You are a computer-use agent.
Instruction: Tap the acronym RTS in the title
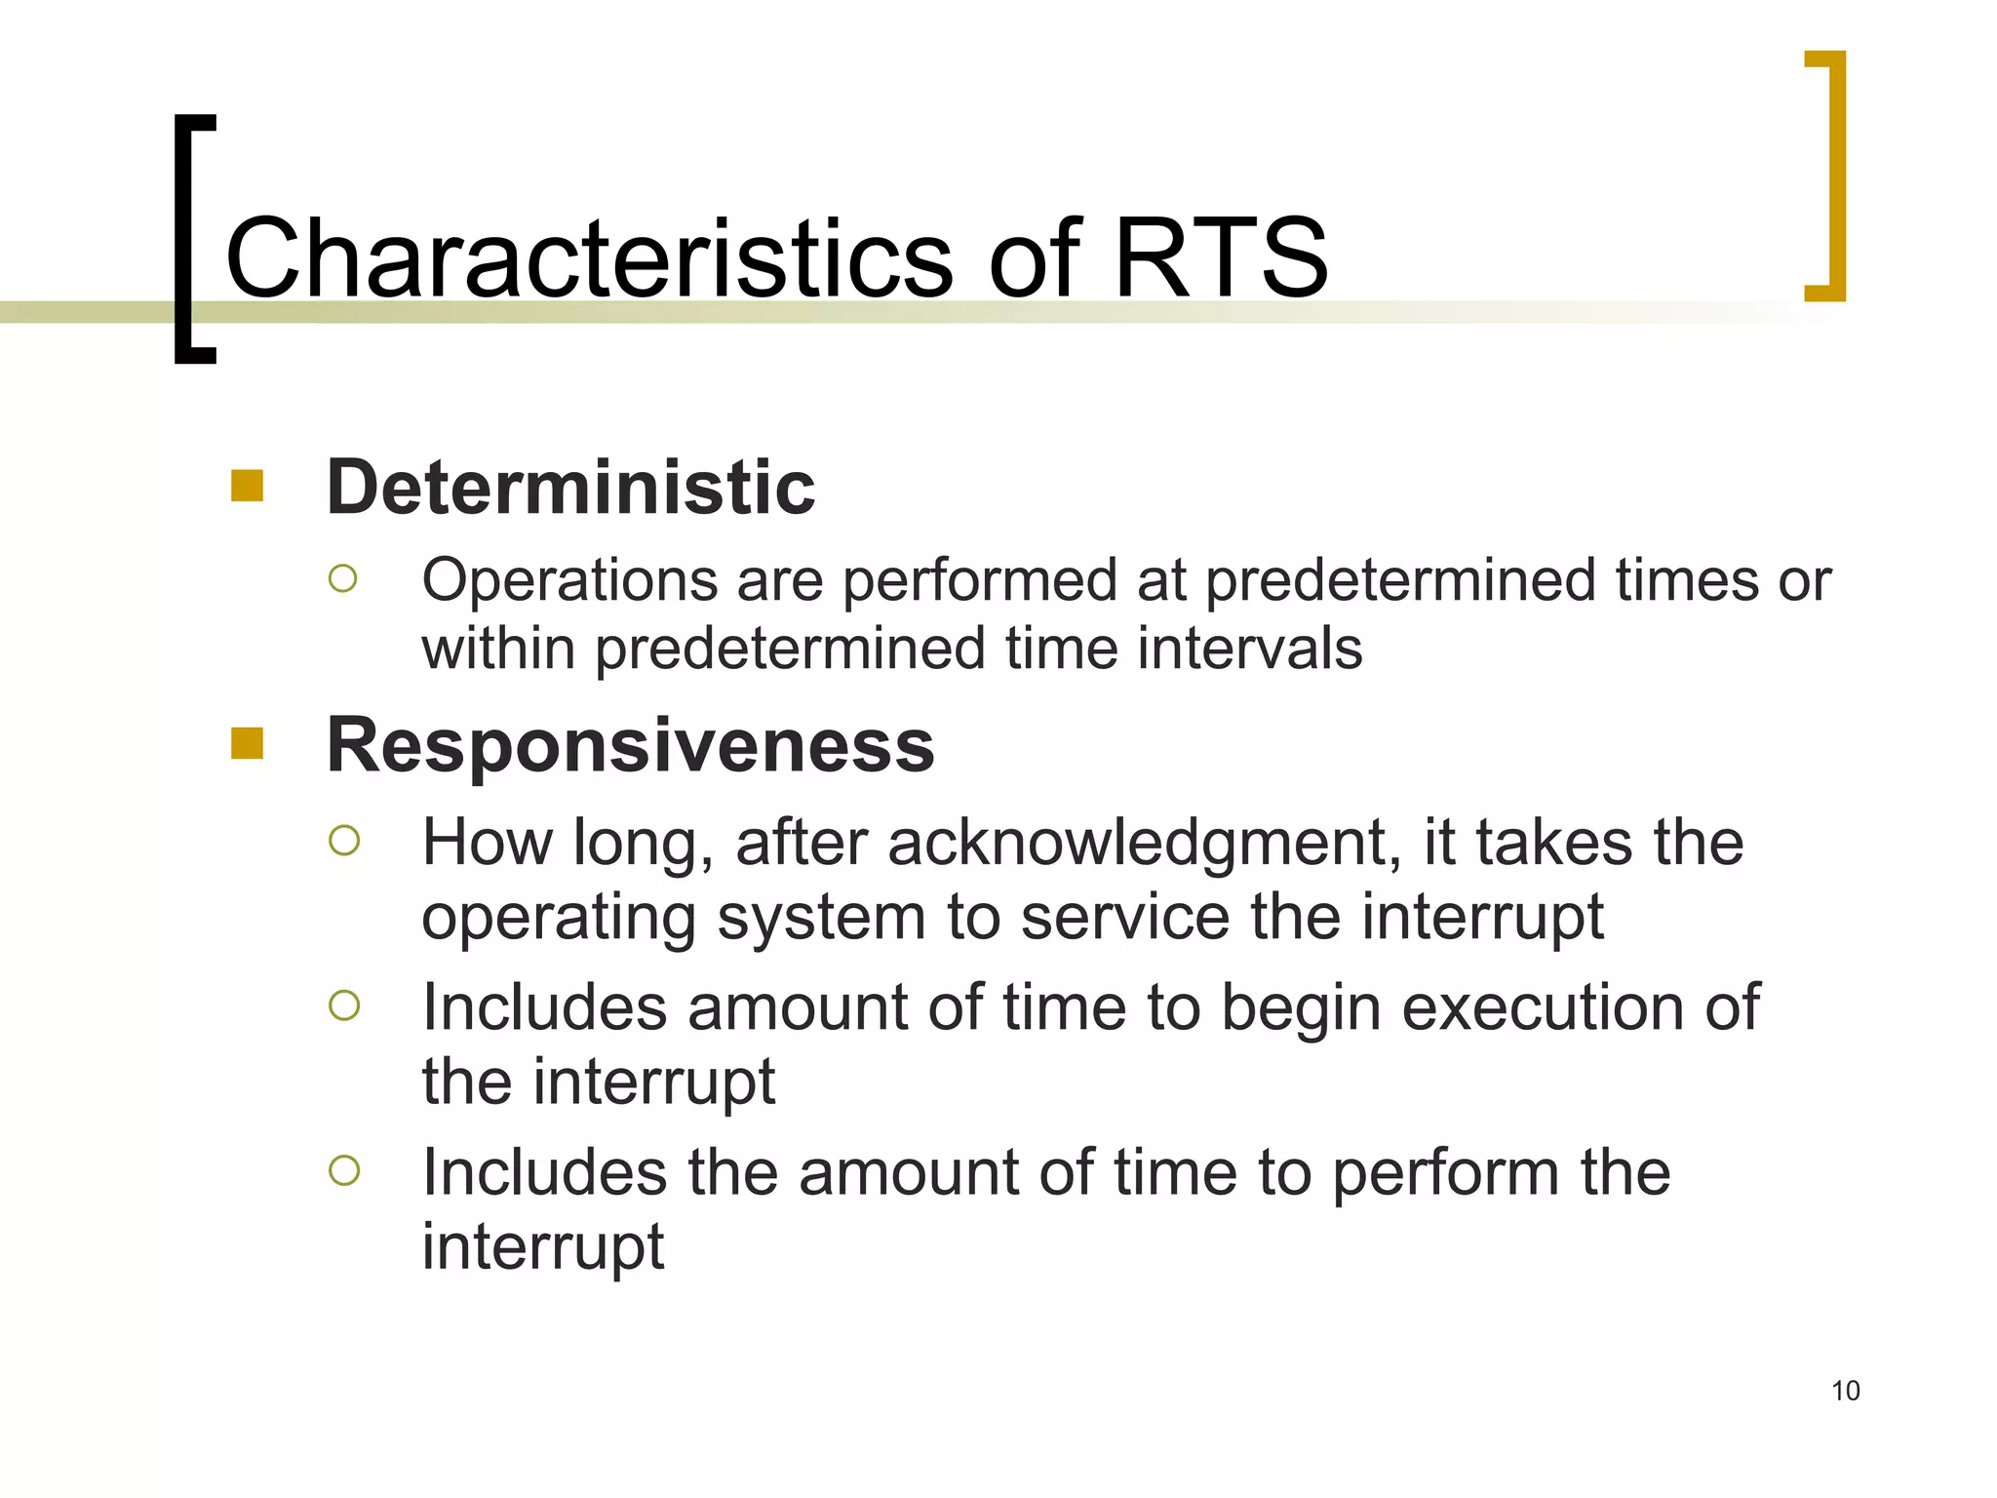pyautogui.click(x=1220, y=258)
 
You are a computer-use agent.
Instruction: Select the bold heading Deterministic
pyautogui.click(x=570, y=487)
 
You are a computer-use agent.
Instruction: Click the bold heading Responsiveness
pyautogui.click(x=630, y=745)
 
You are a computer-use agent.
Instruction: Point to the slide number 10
pyautogui.click(x=1845, y=1391)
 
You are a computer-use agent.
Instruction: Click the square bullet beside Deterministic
pyautogui.click(x=248, y=486)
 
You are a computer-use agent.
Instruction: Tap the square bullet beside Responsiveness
pyautogui.click(x=248, y=743)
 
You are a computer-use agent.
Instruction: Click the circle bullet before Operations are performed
pyautogui.click(x=343, y=579)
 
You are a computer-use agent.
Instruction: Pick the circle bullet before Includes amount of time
pyautogui.click(x=344, y=1005)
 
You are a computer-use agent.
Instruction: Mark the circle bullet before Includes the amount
pyautogui.click(x=344, y=1170)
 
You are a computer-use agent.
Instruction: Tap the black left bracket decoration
pyautogui.click(x=193, y=239)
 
